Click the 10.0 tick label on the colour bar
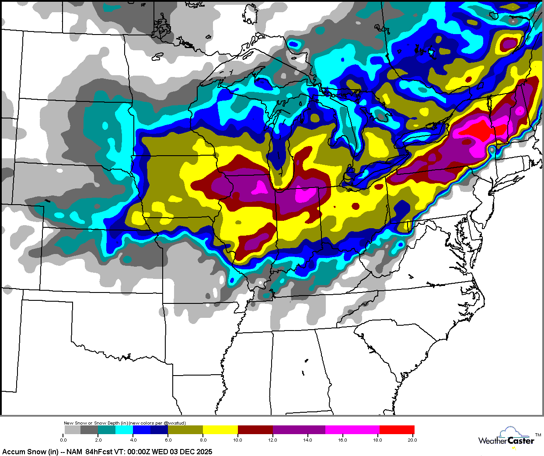point(237,440)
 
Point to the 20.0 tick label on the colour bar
point(412,440)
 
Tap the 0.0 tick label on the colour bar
point(64,440)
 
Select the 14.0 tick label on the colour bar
point(307,440)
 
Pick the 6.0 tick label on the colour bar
point(168,440)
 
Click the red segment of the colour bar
point(397,430)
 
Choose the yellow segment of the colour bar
point(220,430)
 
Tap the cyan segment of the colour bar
point(124,430)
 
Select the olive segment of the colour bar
point(185,430)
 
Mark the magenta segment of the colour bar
point(352,430)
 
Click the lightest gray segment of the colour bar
point(72,430)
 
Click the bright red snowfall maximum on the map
point(480,132)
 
